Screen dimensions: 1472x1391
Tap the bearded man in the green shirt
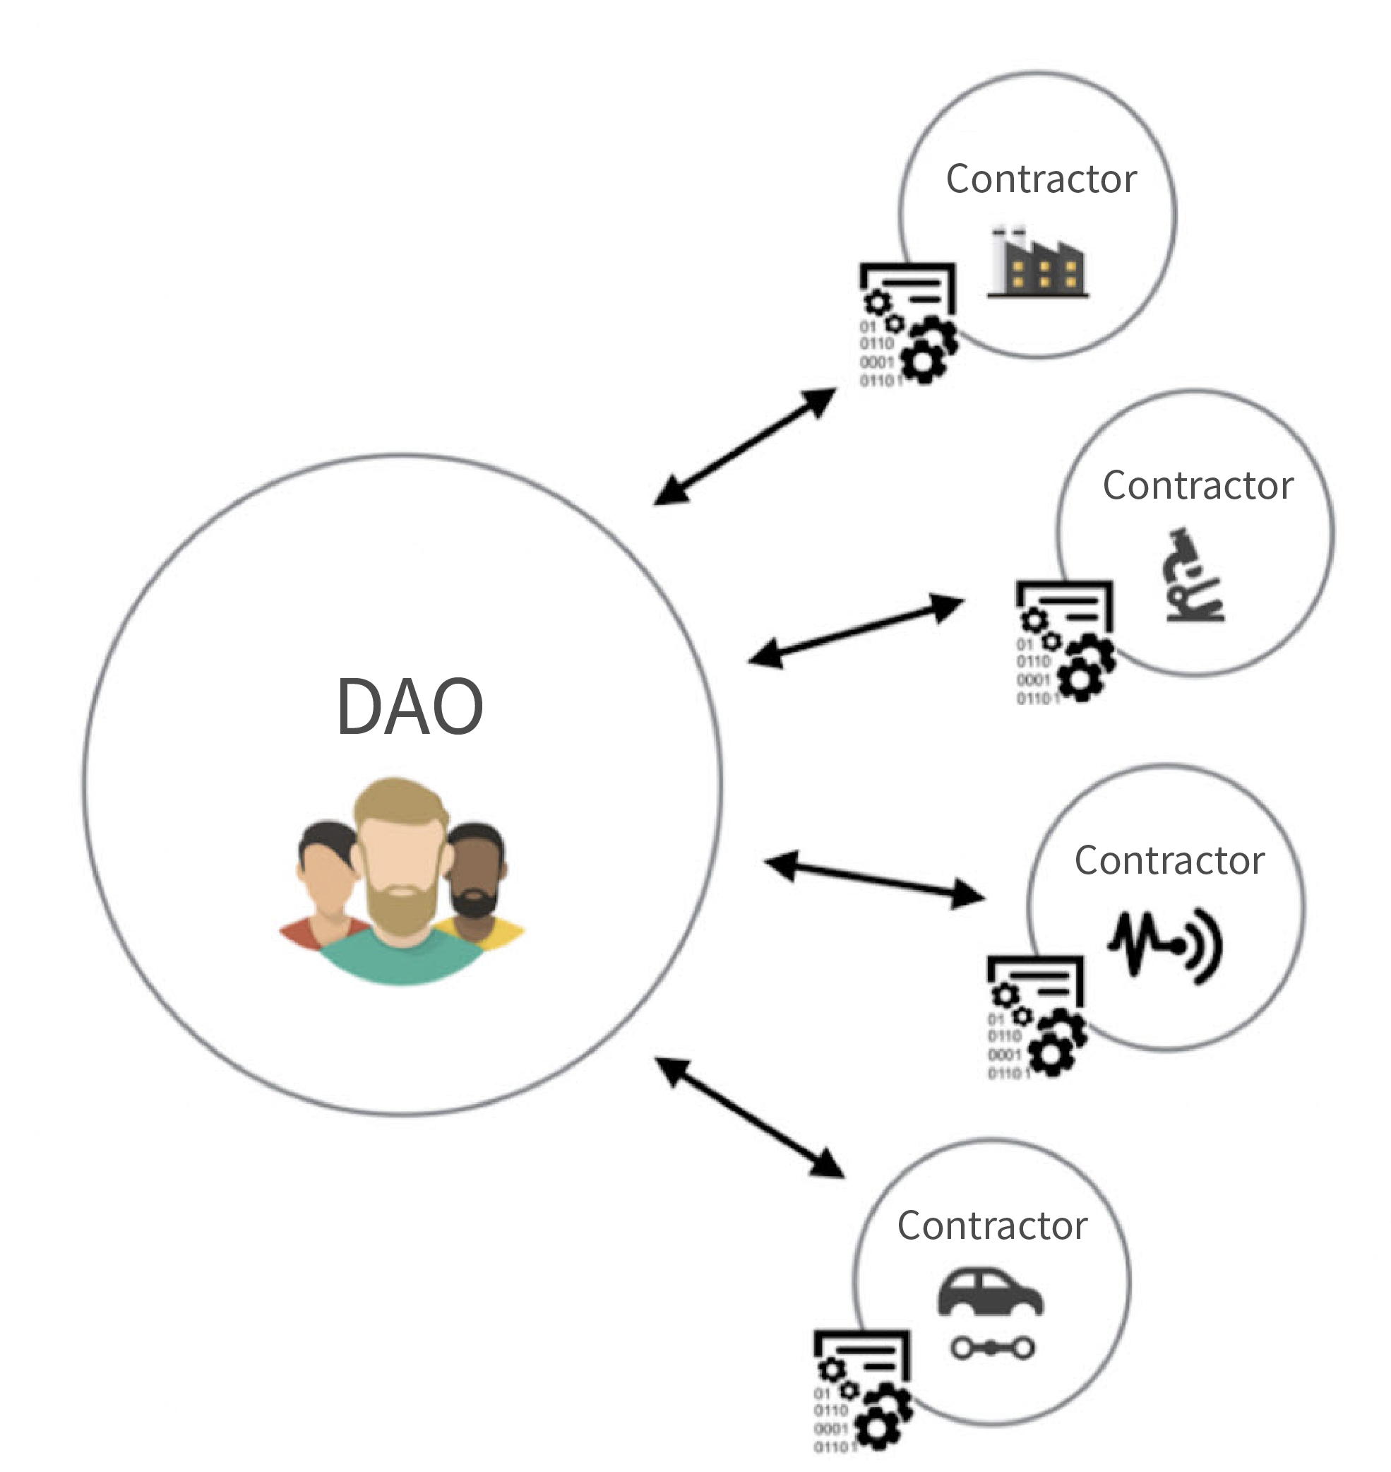tap(401, 890)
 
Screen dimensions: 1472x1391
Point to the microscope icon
tap(1193, 576)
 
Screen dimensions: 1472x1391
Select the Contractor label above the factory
tap(1041, 179)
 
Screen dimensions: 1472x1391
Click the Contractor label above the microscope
tap(1198, 486)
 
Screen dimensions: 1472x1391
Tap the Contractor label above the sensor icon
tap(1169, 861)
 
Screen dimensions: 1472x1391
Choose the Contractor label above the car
tap(992, 1225)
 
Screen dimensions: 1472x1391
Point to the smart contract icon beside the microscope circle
tap(1065, 642)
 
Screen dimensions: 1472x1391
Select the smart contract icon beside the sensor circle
tap(1036, 1017)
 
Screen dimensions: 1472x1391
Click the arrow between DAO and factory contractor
tap(744, 446)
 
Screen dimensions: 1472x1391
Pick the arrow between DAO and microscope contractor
tap(855, 630)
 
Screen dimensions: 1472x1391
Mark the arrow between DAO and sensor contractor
tap(874, 879)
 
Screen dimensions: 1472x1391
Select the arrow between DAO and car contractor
tap(750, 1117)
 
